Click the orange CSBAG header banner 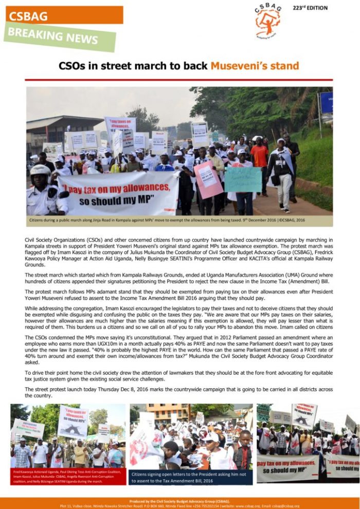pos(64,15)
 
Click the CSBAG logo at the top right pos(268,21)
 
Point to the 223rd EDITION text pos(310,8)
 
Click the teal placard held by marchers pos(243,179)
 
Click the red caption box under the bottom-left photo pos(67,476)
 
